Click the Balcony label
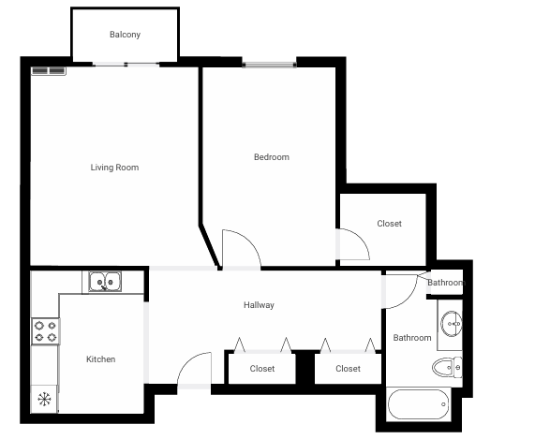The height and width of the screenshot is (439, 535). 125,35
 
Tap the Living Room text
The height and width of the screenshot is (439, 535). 114,168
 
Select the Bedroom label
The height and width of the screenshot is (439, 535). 272,157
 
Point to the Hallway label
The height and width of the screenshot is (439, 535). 259,305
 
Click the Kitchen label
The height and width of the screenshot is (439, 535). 100,359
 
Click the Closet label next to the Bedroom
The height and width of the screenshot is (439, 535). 389,224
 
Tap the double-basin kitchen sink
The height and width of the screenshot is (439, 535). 104,281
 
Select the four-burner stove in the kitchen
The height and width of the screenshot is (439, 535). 44,330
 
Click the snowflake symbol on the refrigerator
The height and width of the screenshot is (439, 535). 44,399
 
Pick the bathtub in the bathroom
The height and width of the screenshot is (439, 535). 418,404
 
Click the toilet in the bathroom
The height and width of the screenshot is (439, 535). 446,366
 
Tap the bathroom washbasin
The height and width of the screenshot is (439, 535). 451,325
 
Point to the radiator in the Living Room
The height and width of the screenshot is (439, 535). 49,70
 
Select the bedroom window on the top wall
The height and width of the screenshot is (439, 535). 269,65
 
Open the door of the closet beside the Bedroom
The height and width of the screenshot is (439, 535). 354,244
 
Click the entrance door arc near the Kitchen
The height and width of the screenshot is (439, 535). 195,370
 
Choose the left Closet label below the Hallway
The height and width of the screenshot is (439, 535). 262,369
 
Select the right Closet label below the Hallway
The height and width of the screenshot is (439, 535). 348,369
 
